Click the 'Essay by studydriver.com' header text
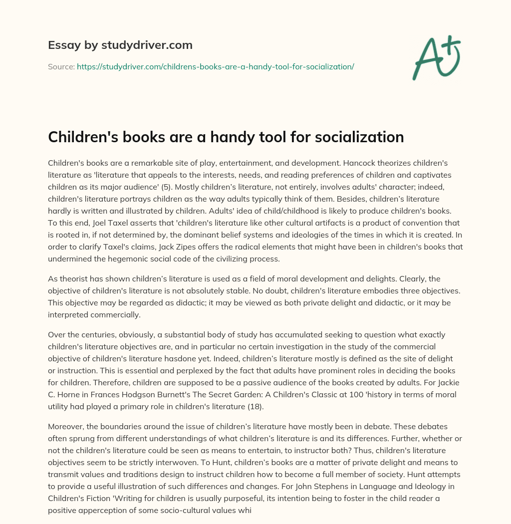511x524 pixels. coord(120,45)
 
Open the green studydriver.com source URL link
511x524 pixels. coord(215,66)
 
